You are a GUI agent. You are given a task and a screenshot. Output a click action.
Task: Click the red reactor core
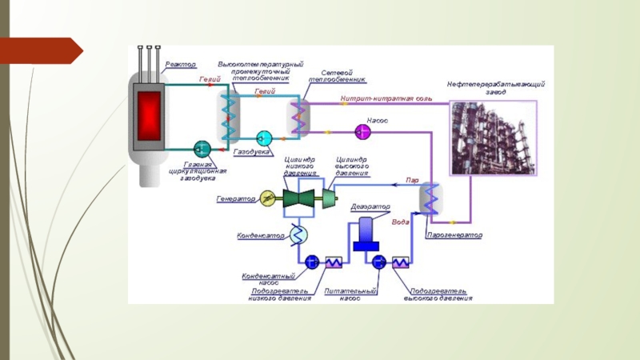[149, 116]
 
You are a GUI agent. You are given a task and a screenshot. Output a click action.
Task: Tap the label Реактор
[181, 64]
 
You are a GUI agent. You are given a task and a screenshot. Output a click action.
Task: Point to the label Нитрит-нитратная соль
[386, 98]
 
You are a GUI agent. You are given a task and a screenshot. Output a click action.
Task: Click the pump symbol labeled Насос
[358, 131]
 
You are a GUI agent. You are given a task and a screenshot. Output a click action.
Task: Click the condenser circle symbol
[297, 234]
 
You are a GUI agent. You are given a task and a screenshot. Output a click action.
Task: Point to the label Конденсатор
[261, 236]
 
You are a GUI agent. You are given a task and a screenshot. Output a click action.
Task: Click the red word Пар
[412, 181]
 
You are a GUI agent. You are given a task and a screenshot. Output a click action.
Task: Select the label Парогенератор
[454, 236]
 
